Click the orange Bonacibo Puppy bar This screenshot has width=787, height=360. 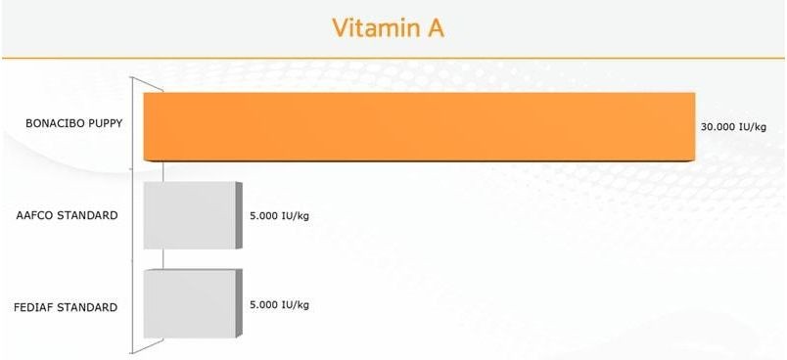(x=419, y=126)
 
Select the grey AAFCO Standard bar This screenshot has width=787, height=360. (x=193, y=215)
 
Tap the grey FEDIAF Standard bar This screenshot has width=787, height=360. (x=193, y=303)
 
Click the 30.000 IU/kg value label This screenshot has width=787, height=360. (x=733, y=127)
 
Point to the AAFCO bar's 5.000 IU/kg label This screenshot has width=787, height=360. (x=279, y=216)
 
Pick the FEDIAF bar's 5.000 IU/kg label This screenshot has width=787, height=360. (x=279, y=305)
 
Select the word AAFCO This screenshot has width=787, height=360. (x=35, y=215)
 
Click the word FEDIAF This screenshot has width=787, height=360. (x=33, y=307)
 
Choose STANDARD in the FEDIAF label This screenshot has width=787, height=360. (x=87, y=307)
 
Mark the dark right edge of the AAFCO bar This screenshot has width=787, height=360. (x=239, y=215)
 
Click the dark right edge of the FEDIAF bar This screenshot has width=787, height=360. (x=239, y=303)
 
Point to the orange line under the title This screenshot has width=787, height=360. (x=393, y=58)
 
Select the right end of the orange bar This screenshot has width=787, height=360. (x=695, y=126)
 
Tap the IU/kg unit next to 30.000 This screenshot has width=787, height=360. (x=753, y=127)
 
